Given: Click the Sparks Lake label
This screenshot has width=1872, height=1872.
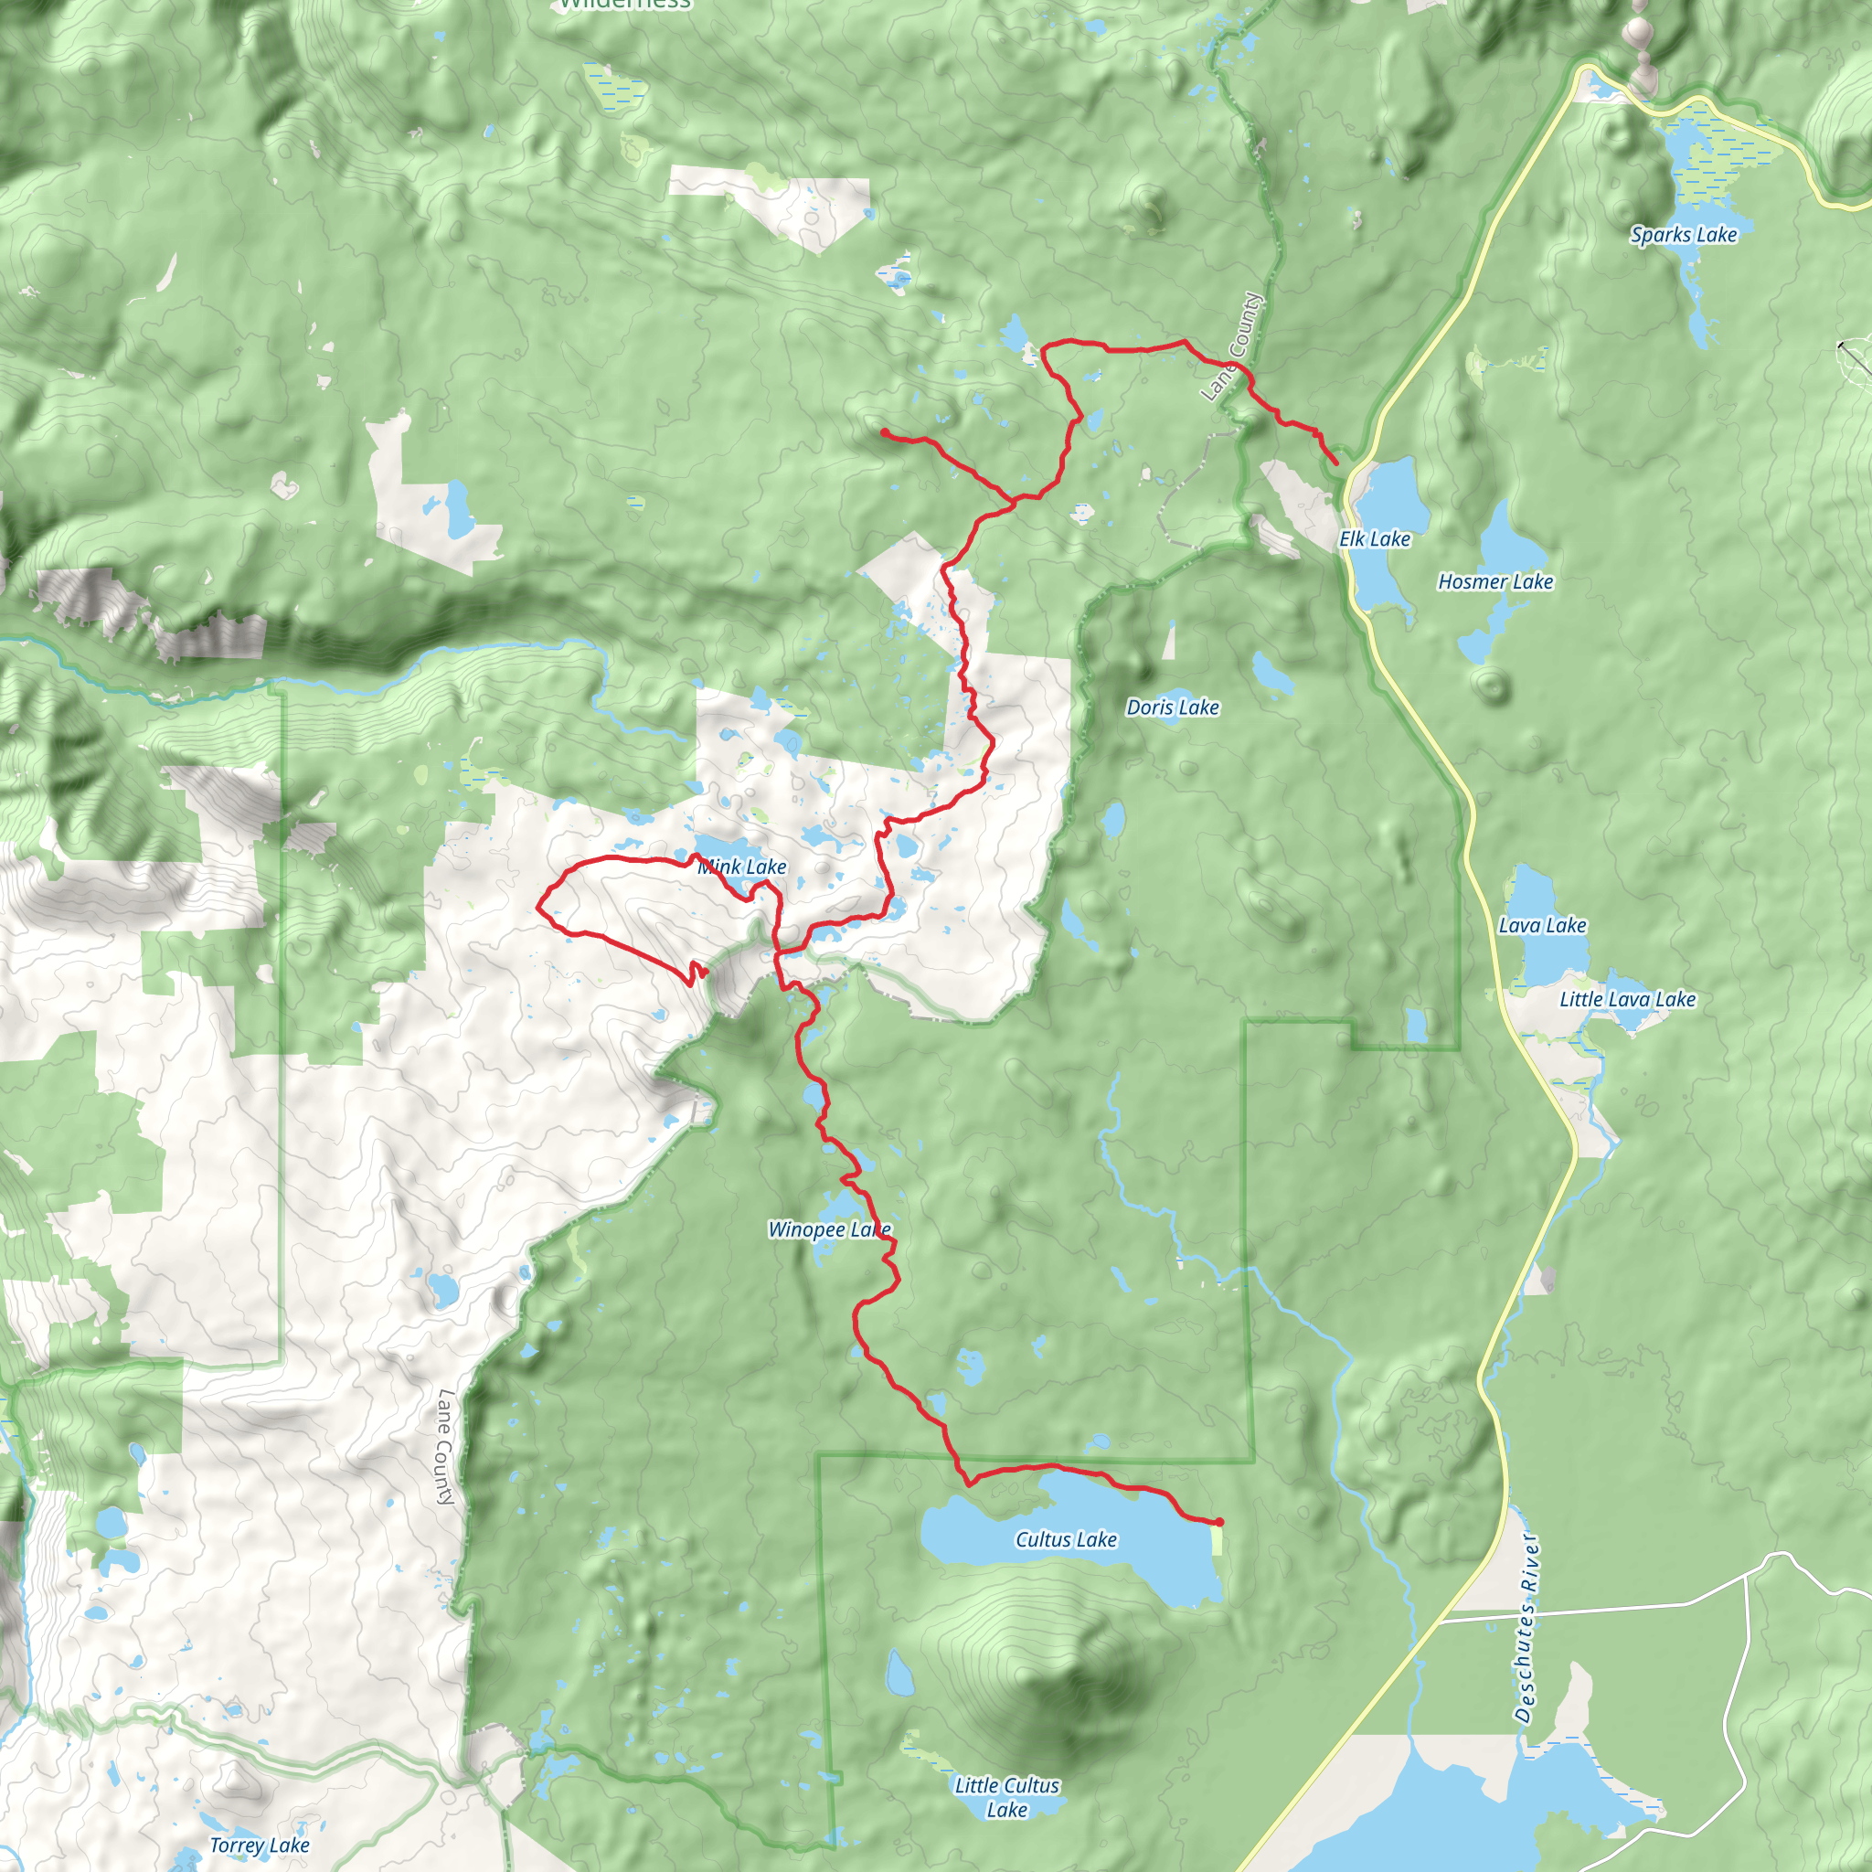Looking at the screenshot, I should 1683,235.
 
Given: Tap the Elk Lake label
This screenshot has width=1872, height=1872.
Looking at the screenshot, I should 1374,538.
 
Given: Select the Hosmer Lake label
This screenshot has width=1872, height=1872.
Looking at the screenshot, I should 1495,581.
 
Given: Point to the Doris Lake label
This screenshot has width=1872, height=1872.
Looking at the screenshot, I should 1173,707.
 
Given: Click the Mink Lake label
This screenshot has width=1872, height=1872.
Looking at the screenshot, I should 742,867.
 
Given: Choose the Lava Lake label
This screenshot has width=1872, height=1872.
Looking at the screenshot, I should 1543,925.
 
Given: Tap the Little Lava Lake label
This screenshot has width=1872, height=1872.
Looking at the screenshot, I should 1627,999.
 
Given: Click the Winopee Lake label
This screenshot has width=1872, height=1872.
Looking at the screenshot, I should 829,1229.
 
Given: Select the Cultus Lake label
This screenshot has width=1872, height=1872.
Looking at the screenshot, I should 1066,1539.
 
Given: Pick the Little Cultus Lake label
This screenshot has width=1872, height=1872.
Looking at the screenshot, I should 1006,1796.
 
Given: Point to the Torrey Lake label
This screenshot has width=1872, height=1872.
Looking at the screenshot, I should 260,1845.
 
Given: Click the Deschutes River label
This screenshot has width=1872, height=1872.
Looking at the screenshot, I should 1526,1628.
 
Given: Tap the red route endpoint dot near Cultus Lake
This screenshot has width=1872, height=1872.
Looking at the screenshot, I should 1219,1522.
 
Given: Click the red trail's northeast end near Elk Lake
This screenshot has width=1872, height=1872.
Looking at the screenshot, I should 1337,464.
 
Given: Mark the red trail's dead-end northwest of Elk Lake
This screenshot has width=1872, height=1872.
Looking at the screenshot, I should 885,431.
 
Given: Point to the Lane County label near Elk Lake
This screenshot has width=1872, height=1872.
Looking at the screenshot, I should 1232,346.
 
